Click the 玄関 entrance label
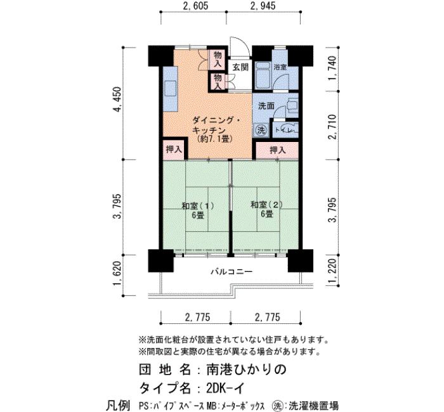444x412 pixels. click(x=240, y=67)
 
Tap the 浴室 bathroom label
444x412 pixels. click(x=280, y=67)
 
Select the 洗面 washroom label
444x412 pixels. click(x=266, y=106)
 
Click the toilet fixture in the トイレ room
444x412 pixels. click(x=290, y=129)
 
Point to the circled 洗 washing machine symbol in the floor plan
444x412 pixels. click(x=261, y=130)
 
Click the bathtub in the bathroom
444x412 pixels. click(x=262, y=75)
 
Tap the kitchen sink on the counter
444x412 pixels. click(x=170, y=89)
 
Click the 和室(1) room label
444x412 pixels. click(x=198, y=206)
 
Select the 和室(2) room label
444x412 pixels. click(x=266, y=205)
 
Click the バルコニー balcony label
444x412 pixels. click(x=232, y=272)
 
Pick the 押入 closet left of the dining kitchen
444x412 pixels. click(x=174, y=149)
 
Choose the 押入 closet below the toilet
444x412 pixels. click(x=277, y=150)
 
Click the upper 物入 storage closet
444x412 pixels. click(x=218, y=59)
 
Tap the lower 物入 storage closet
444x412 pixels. click(x=218, y=82)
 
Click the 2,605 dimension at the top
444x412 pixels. click(x=195, y=6)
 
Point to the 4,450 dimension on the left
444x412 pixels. click(x=117, y=100)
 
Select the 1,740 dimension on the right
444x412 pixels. click(x=333, y=68)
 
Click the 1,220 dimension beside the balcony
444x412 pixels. click(x=333, y=271)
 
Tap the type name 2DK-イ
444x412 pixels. click(x=225, y=388)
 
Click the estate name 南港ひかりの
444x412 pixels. click(x=246, y=370)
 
